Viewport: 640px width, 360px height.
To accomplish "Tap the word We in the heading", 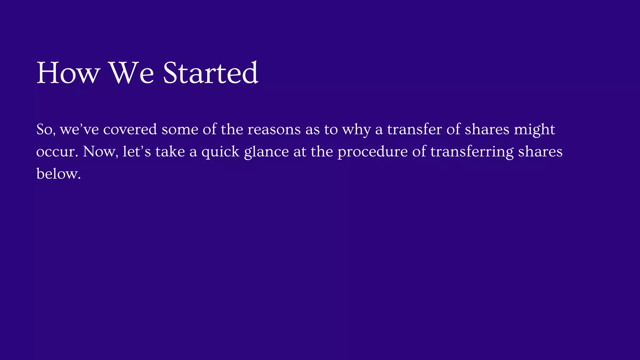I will [x=131, y=73].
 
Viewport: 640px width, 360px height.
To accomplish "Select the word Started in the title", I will [x=210, y=73].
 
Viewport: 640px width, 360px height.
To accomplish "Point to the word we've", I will [x=79, y=129].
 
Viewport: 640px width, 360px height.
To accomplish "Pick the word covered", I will [x=130, y=129].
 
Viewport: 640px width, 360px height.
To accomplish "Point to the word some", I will [x=180, y=129].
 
